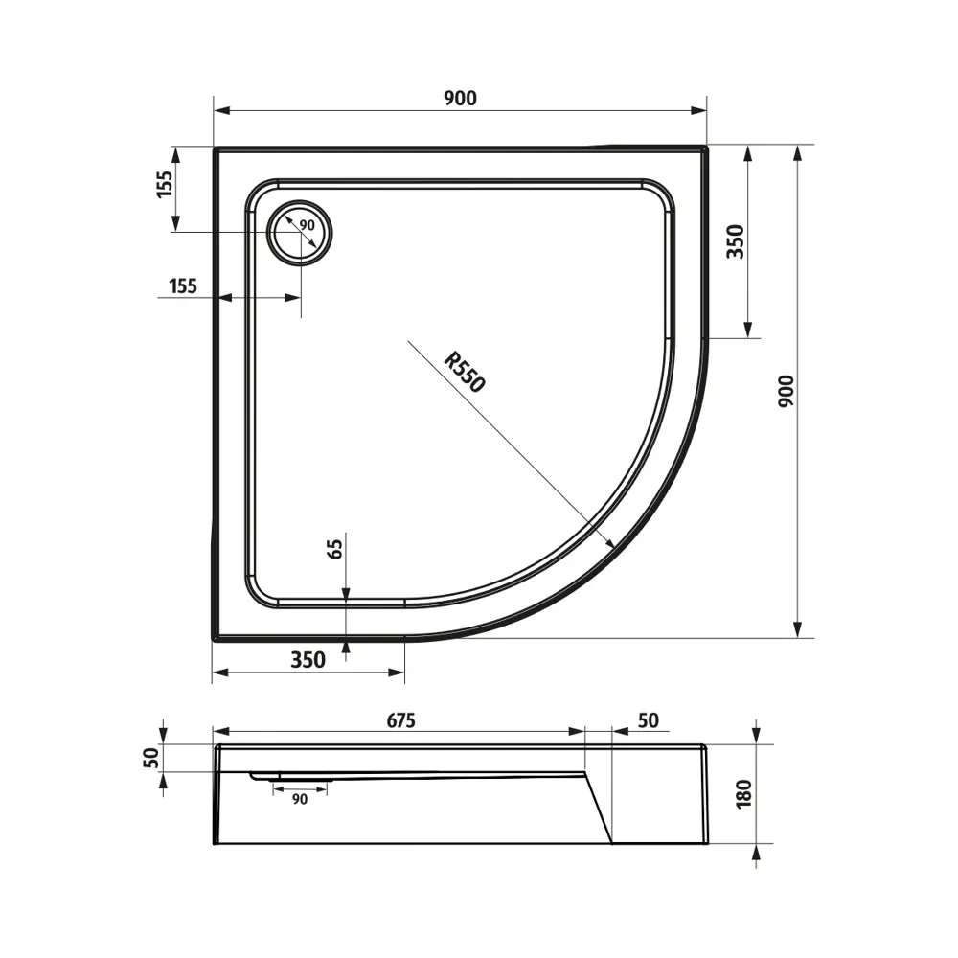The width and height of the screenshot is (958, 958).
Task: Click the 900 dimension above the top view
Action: [x=461, y=97]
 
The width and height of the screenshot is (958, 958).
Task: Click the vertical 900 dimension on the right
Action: [x=786, y=392]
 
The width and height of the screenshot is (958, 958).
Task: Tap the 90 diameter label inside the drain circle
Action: [x=307, y=224]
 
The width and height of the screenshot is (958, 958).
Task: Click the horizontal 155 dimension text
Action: [x=181, y=285]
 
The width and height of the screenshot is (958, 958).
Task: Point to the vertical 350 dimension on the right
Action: [x=735, y=241]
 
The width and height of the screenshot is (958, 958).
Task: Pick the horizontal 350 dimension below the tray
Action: [x=308, y=659]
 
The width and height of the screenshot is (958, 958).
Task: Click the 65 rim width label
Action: [x=334, y=550]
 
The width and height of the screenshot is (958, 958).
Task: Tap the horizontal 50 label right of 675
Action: [x=648, y=720]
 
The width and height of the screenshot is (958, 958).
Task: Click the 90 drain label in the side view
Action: [x=300, y=799]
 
